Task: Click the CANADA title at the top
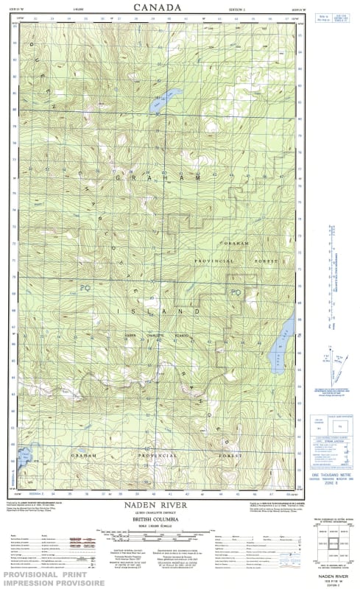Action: point(157,7)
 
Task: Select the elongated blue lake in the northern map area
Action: point(166,101)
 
